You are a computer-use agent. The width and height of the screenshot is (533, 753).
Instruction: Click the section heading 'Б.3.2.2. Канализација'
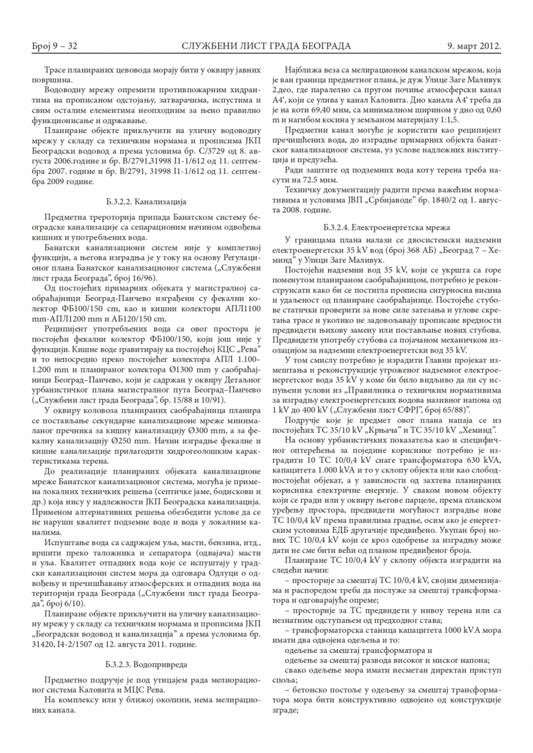(145, 202)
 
